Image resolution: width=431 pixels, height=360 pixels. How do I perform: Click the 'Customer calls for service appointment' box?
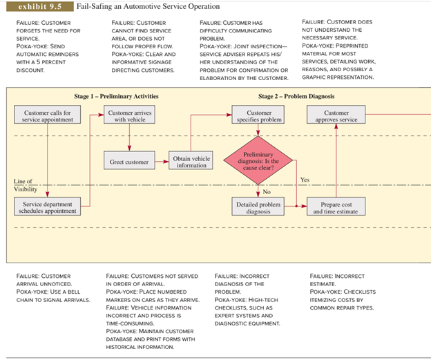pos(47,115)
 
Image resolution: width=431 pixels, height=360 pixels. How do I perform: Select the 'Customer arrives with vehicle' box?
pos(129,115)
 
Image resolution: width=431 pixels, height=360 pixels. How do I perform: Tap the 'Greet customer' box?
pos(129,160)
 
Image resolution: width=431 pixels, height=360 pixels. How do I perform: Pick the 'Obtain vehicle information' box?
pos(191,160)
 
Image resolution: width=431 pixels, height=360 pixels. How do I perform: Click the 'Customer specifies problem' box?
pos(258,115)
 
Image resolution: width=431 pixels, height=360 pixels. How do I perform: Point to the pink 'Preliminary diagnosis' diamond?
pos(258,160)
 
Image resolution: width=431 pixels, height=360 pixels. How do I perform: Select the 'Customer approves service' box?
pos(336,115)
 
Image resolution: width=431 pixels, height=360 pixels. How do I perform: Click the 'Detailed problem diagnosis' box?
pos(258,207)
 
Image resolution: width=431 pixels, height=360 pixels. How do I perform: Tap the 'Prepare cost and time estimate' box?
pos(336,207)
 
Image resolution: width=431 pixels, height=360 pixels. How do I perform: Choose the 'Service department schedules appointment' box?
pos(47,207)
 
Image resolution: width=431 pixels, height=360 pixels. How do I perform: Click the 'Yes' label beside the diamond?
pos(305,180)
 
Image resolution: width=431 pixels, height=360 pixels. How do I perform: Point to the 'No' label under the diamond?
pos(267,191)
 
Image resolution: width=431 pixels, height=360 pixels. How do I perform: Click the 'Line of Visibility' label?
pos(26,185)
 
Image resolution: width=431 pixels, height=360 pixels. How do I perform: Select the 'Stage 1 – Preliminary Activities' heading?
pos(116,96)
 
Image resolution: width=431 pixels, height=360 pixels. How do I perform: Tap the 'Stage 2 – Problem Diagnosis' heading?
pos(296,96)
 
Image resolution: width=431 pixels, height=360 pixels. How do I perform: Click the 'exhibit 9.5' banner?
pos(40,7)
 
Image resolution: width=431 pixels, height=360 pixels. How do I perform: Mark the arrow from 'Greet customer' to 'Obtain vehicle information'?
pos(162,162)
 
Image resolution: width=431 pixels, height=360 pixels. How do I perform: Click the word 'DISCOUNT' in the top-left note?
pos(30,70)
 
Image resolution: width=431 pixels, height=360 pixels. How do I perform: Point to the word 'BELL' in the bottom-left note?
pos(74,292)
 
